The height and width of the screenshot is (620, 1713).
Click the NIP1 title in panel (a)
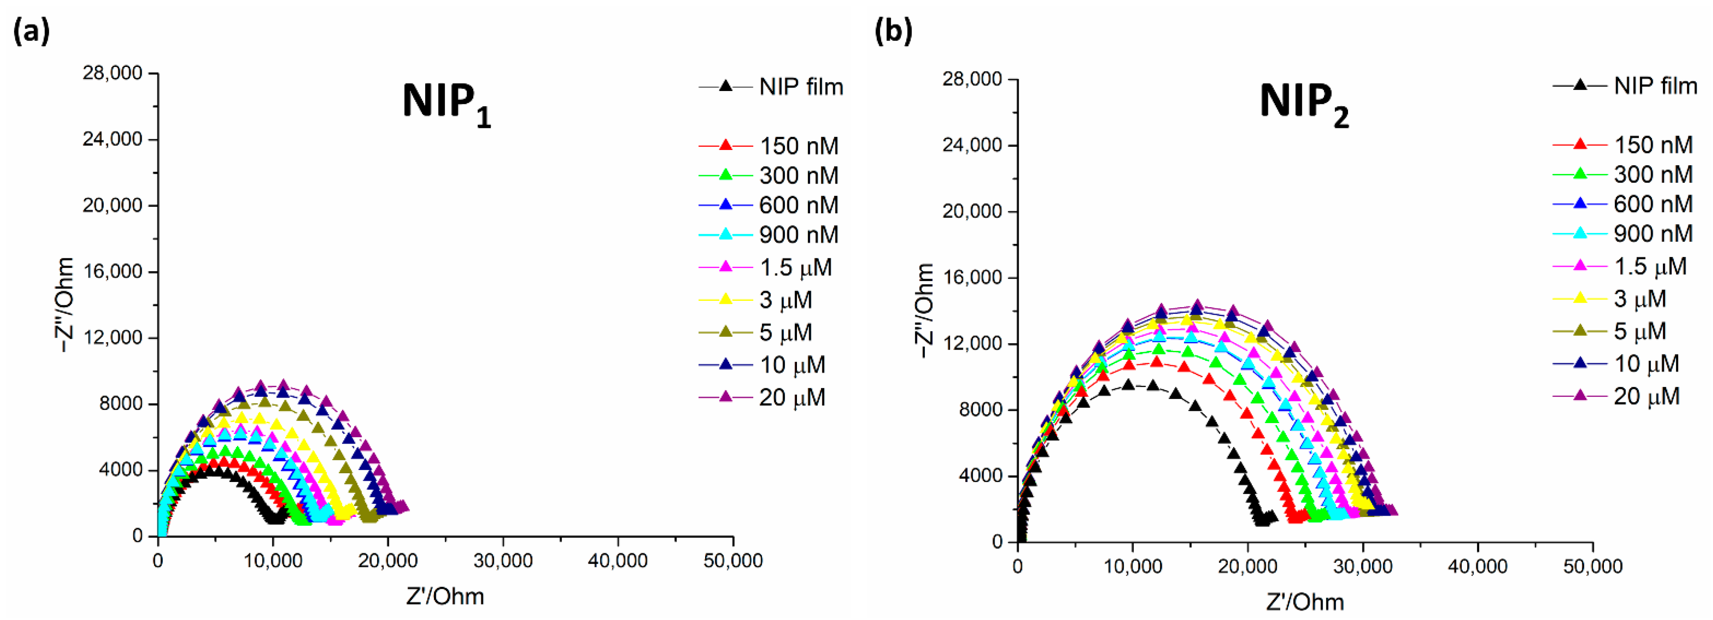(446, 103)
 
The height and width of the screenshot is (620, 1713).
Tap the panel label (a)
(31, 31)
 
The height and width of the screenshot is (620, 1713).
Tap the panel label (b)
(893, 31)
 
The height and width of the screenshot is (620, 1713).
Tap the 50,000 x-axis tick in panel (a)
(733, 561)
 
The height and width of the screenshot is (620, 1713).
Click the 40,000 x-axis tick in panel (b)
(1478, 566)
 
